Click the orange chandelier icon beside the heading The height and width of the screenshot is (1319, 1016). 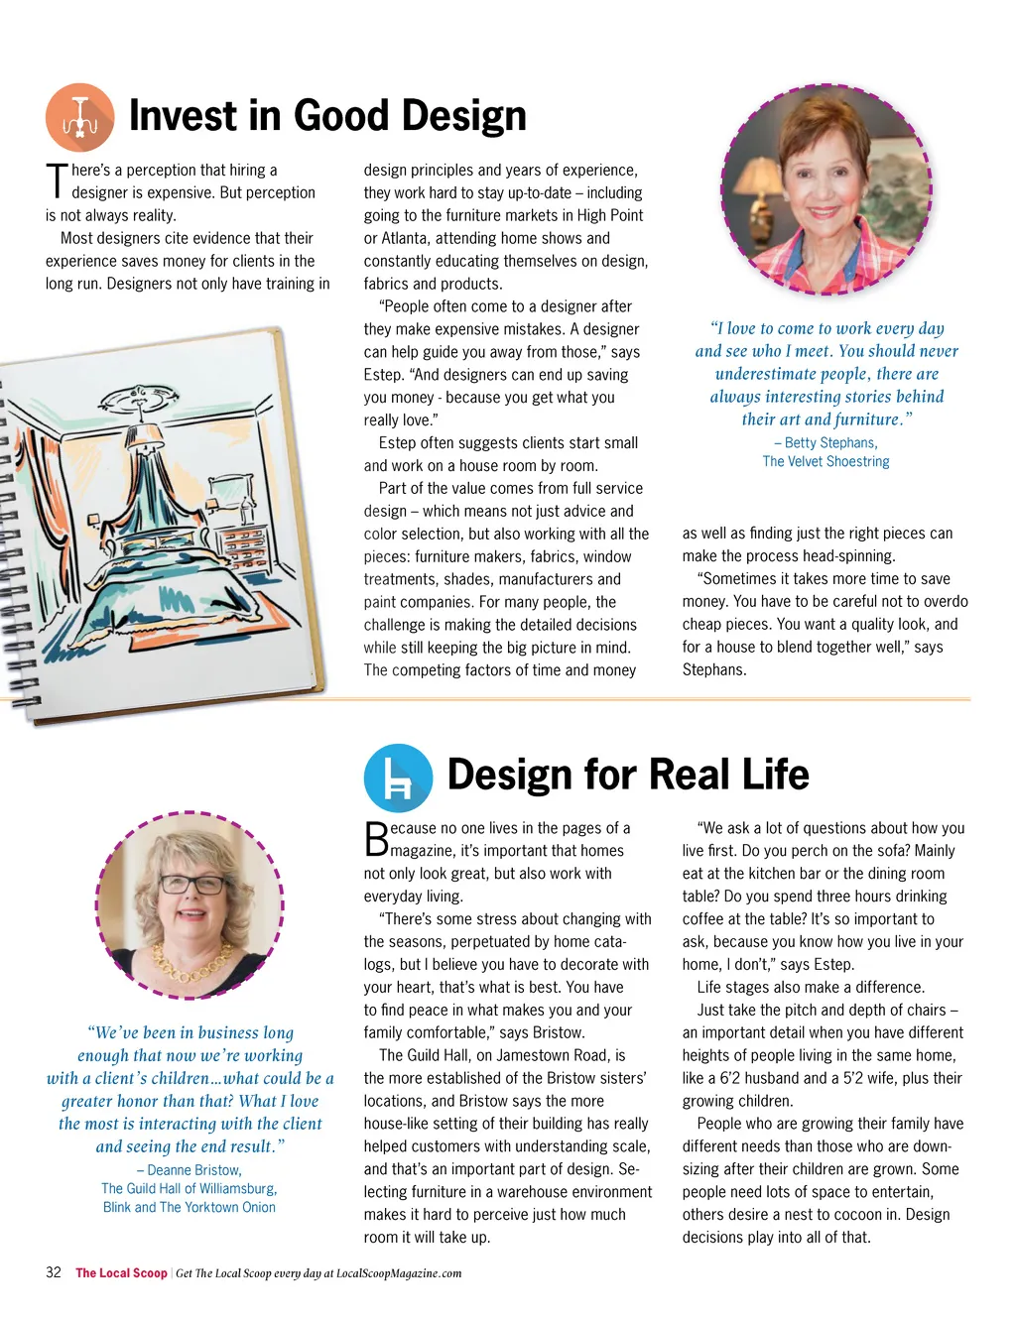[79, 117]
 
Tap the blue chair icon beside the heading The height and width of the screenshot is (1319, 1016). [398, 779]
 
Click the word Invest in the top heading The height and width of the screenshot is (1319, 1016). [184, 116]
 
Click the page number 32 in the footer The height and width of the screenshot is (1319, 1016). [54, 1272]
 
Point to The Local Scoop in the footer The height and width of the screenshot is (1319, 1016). [121, 1273]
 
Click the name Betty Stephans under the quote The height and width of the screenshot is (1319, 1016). [830, 443]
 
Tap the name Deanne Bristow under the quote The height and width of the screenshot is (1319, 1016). [194, 1170]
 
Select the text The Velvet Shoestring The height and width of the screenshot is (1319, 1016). [825, 462]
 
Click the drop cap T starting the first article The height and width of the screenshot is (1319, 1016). [57, 180]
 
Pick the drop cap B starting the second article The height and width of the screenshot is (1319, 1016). [376, 839]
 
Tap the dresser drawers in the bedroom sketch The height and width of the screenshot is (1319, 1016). [242, 546]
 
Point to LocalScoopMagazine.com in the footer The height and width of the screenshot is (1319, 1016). [399, 1273]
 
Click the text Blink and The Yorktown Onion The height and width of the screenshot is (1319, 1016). [190, 1208]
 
